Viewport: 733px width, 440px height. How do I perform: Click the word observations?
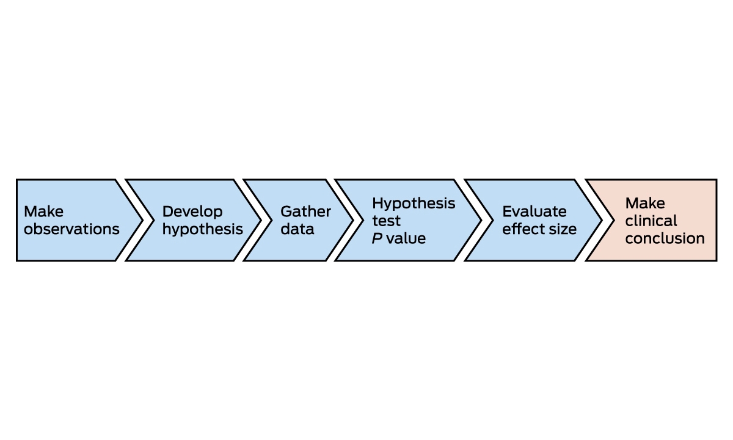(x=71, y=229)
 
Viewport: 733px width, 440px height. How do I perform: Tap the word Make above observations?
(x=43, y=211)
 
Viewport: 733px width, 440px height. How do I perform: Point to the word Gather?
(x=305, y=211)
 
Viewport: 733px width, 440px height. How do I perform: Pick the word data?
(x=297, y=229)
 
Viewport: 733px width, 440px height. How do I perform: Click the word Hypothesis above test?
(x=414, y=204)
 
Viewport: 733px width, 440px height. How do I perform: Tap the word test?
(x=386, y=221)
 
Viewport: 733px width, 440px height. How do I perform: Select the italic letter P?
(x=377, y=238)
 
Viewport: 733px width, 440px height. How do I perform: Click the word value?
(x=406, y=238)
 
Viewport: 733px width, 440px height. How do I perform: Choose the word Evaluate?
(x=534, y=211)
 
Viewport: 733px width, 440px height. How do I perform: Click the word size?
(x=563, y=229)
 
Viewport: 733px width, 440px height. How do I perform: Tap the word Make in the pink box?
(x=645, y=204)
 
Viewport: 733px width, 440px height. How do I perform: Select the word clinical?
(x=651, y=221)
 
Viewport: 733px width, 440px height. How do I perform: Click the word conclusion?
(x=665, y=239)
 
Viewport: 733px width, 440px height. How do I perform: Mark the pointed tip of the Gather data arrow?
(x=353, y=220)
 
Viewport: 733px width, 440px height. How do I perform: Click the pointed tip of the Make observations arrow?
(x=143, y=220)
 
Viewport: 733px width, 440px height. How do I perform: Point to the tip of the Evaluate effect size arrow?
(x=602, y=220)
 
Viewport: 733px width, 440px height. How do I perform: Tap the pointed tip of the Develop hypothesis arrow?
(x=261, y=220)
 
